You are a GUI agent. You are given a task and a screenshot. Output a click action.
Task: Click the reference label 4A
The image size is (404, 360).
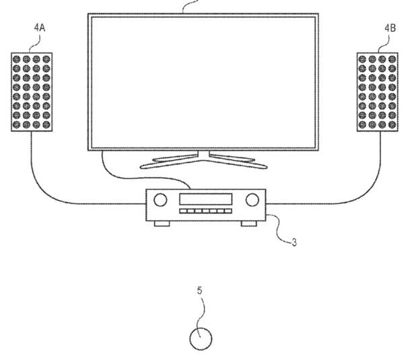tap(40, 28)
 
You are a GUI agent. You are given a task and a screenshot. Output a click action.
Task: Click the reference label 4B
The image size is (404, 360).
tap(390, 28)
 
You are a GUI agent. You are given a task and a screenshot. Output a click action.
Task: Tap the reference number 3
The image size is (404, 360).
tap(294, 242)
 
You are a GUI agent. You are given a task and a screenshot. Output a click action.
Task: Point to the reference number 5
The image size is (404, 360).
tap(200, 291)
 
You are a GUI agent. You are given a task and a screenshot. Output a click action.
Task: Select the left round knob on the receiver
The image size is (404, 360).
tap(160, 200)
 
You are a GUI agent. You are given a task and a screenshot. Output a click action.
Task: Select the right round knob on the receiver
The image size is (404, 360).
tap(252, 200)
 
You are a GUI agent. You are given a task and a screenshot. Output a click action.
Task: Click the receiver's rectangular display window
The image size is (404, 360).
tap(205, 199)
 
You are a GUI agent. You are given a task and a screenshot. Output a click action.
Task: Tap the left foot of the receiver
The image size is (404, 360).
tap(162, 224)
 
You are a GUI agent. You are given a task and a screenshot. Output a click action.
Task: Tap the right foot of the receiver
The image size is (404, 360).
tap(249, 224)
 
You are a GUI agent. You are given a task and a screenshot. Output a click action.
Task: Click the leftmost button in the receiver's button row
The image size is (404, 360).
tap(183, 211)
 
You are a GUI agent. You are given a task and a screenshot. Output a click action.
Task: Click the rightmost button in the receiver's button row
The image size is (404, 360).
tap(228, 211)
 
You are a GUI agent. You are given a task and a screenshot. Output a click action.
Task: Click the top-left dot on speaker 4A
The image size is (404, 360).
tap(16, 59)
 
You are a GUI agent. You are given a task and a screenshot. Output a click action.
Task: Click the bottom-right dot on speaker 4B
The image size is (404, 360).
tap(392, 124)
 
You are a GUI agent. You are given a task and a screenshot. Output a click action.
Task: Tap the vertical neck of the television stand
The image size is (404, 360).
tap(203, 155)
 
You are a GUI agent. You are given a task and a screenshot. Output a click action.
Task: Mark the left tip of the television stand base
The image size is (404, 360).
tap(141, 167)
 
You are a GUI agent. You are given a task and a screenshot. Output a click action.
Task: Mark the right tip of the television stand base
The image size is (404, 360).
tap(267, 167)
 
